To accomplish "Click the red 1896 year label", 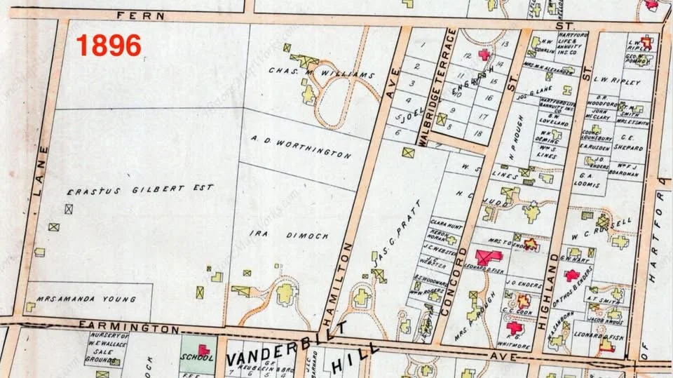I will pyautogui.click(x=109, y=46).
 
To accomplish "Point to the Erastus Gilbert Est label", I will pyautogui.click(x=140, y=190).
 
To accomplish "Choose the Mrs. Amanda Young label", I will pyautogui.click(x=86, y=299).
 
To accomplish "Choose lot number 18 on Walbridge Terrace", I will pyautogui.click(x=478, y=132).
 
